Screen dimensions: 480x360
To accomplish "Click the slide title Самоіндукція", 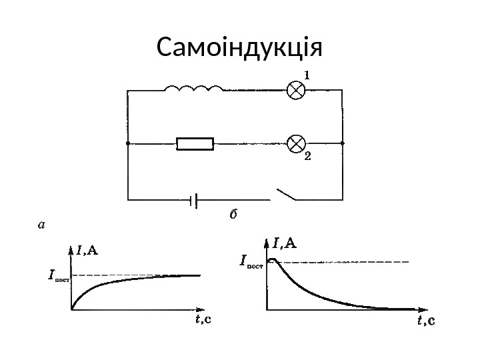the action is click(x=239, y=48).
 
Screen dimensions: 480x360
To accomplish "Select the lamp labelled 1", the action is click(x=295, y=91).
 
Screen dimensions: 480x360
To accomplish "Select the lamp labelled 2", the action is click(x=295, y=143).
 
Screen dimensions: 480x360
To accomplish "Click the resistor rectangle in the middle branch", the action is click(x=195, y=143).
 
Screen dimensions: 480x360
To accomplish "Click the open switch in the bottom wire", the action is click(x=286, y=195).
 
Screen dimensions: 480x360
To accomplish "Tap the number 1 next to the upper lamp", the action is click(x=307, y=75).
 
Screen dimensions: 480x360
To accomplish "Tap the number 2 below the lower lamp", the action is click(x=307, y=157).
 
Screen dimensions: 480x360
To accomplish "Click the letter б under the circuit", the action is click(x=233, y=215).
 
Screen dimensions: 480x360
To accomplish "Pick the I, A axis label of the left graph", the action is click(x=87, y=251).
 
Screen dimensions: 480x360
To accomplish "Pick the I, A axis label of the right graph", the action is click(x=285, y=242).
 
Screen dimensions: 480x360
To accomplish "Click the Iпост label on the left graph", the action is click(x=58, y=275).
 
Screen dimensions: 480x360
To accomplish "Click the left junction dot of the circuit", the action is click(x=127, y=143).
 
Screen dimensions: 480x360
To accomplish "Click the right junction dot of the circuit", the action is click(x=341, y=143).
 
